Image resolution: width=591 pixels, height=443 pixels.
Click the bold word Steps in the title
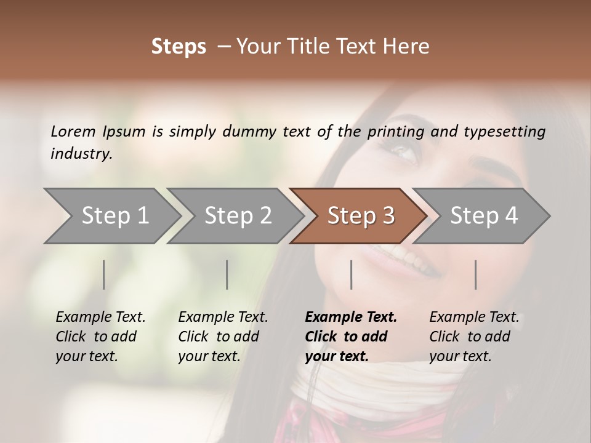tap(179, 47)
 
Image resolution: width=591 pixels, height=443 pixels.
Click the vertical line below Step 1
tap(103, 274)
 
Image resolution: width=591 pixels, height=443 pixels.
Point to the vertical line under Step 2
tap(227, 274)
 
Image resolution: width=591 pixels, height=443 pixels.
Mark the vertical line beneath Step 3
tap(351, 274)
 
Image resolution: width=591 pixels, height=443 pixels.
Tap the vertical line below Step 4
tap(475, 274)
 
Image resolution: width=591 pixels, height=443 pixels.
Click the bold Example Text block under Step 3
tap(350, 337)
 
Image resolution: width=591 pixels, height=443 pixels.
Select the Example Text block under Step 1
tap(100, 337)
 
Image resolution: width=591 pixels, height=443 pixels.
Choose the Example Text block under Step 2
tap(223, 337)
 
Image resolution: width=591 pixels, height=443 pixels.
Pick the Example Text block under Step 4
tap(473, 337)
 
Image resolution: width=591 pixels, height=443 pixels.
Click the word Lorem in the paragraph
tap(73, 131)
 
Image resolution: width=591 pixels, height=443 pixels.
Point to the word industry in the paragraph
tap(81, 153)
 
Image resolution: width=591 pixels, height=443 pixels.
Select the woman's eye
tap(404, 150)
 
